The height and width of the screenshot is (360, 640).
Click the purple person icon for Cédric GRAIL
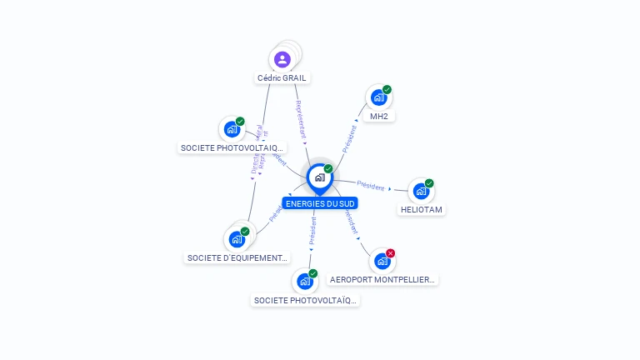282,59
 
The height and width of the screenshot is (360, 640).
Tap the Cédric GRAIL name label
282,77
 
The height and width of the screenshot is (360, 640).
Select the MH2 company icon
379,97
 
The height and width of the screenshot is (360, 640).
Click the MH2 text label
379,116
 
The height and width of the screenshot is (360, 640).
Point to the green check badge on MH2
387,89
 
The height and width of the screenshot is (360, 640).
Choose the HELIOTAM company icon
421,192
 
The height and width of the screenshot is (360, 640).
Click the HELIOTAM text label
421,210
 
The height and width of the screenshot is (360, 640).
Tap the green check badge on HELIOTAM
429,183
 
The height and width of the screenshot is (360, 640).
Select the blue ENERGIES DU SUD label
320,202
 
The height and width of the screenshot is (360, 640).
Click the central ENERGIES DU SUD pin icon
319,177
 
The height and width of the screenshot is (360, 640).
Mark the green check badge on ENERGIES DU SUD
328,168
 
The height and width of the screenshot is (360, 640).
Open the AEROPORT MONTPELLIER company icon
382,262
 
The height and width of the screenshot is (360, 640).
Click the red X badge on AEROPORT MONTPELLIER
390,253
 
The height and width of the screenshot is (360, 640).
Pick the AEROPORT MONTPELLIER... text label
382,280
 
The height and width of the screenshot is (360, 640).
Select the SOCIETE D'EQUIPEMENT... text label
237,257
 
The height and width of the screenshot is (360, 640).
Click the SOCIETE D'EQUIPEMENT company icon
237,239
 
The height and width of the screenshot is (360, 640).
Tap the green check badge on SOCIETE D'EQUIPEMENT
245,231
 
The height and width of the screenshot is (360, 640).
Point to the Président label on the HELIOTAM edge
370,184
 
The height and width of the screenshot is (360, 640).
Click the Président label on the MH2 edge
350,137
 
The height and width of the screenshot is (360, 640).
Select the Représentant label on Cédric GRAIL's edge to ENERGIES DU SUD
301,119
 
